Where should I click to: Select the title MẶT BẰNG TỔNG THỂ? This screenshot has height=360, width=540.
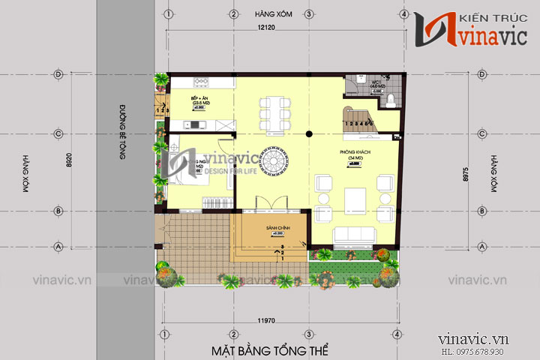pyautogui.click(x=270, y=350)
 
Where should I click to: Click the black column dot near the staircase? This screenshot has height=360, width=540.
pyautogui.click(x=309, y=133)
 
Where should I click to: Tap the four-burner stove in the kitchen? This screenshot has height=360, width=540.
pyautogui.click(x=200, y=81)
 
